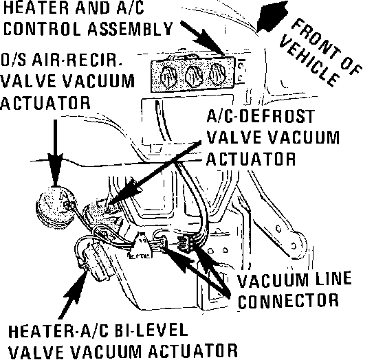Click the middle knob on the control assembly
pos(194,76)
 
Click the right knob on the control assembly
pos(217,74)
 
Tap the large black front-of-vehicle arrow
pos(272,16)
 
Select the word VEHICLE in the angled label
pos(309,61)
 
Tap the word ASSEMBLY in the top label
pos(130,29)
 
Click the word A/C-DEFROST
pos(261,116)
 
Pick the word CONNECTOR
pos(288,300)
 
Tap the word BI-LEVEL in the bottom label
pos(151,331)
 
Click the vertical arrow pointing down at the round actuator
pos(55,153)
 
